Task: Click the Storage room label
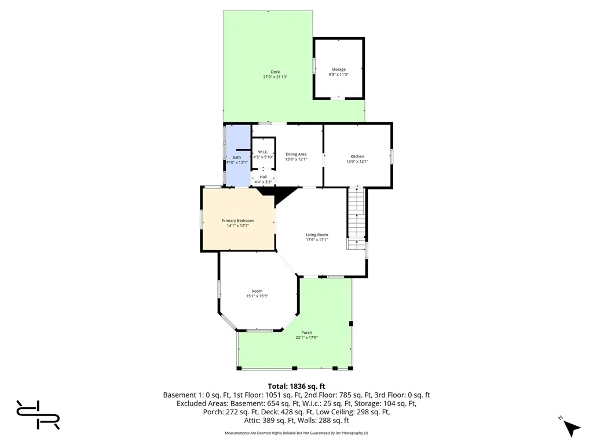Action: coord(338,70)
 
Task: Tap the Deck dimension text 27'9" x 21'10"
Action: coord(275,77)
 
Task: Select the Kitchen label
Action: coord(357,156)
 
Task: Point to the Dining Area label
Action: coord(296,154)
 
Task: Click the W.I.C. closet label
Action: coord(262,152)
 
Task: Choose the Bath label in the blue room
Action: coord(236,157)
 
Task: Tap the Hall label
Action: coord(263,177)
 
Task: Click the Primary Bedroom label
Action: coord(238,220)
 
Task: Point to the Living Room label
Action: coord(317,235)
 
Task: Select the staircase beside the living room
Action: coord(356,217)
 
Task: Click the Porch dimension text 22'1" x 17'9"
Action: coord(307,338)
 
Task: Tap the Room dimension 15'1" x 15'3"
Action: coord(257,296)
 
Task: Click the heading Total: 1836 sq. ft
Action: coord(296,386)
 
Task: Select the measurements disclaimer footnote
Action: coord(296,433)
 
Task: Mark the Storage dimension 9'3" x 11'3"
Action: coord(338,75)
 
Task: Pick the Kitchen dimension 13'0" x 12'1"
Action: coord(357,162)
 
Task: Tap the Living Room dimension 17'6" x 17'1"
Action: coord(317,240)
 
